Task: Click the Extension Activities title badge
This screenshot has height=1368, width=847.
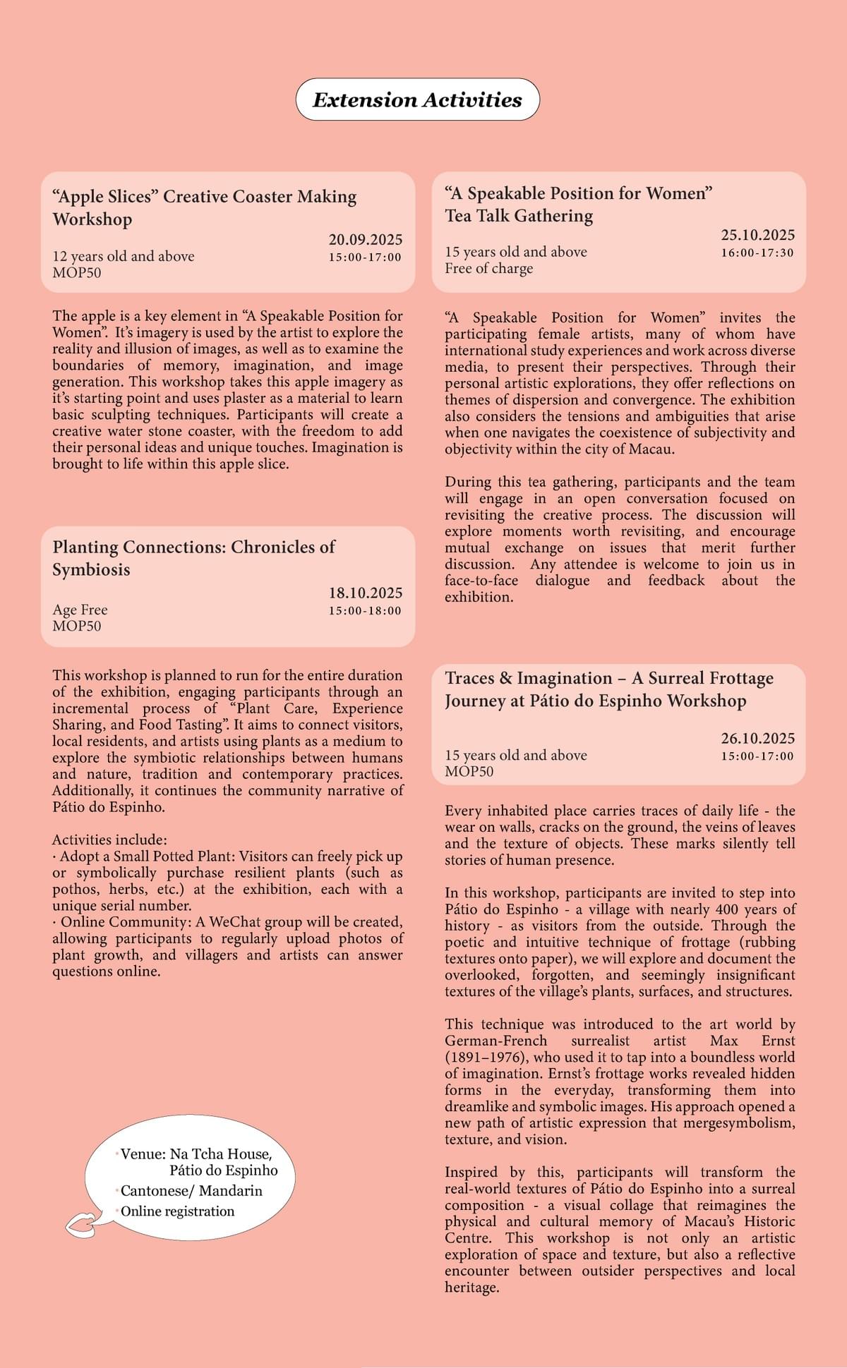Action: (417, 99)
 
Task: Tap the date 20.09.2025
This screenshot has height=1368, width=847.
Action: (365, 240)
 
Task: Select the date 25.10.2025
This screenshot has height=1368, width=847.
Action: (757, 236)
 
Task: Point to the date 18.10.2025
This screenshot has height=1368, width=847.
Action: (365, 593)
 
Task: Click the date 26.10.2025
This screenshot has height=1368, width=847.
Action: (757, 739)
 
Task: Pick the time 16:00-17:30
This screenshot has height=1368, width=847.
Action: (757, 253)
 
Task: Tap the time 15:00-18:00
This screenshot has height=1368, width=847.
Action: (365, 610)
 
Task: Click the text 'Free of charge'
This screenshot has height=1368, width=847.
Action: (488, 268)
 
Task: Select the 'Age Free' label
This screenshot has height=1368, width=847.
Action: (80, 610)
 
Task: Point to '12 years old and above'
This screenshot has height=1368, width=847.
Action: (124, 256)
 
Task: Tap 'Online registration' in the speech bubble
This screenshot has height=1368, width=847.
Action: (177, 1211)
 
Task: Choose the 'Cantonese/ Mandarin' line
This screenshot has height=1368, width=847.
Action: (191, 1190)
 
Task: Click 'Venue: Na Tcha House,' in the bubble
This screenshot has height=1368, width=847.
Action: (196, 1154)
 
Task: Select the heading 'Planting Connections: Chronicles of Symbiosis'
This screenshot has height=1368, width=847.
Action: (193, 558)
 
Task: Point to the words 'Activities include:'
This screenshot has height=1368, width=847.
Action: (109, 840)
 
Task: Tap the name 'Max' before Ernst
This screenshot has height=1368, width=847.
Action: (723, 1041)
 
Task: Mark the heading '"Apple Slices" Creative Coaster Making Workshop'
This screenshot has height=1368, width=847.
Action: (204, 207)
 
